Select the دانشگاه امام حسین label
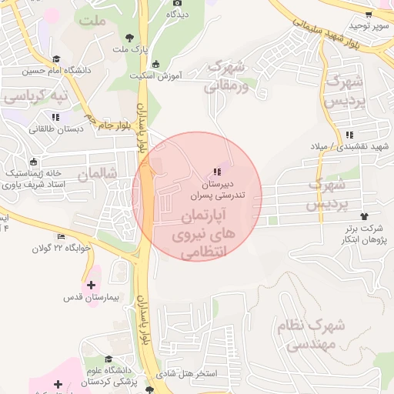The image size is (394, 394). coord(55,72)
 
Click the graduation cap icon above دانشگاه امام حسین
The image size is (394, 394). coord(55,59)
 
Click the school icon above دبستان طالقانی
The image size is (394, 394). coord(55,117)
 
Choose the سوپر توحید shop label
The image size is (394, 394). coord(371,25)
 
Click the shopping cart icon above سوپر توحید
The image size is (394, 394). coord(369,14)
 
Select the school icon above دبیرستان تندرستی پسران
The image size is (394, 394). coord(217,171)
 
